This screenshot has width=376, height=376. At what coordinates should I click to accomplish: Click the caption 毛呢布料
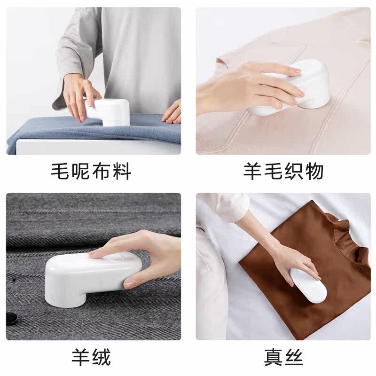91,171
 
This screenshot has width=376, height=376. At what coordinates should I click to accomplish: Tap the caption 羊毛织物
283,171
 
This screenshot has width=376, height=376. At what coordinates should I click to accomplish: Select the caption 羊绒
91,357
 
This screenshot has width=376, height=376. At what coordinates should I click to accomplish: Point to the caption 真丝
283,357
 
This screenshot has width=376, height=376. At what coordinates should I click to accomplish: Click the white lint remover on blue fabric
109,111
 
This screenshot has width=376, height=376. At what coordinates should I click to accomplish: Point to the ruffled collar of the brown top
350,237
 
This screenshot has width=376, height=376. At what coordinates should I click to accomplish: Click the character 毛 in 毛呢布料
60,171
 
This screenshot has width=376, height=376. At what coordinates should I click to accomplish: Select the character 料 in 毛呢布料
122,171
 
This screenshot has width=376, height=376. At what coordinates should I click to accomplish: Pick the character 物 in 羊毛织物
314,171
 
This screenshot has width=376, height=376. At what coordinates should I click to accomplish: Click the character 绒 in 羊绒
102,357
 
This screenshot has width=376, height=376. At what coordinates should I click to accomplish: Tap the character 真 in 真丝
274,357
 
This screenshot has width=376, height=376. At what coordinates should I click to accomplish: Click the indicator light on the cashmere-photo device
122,256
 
